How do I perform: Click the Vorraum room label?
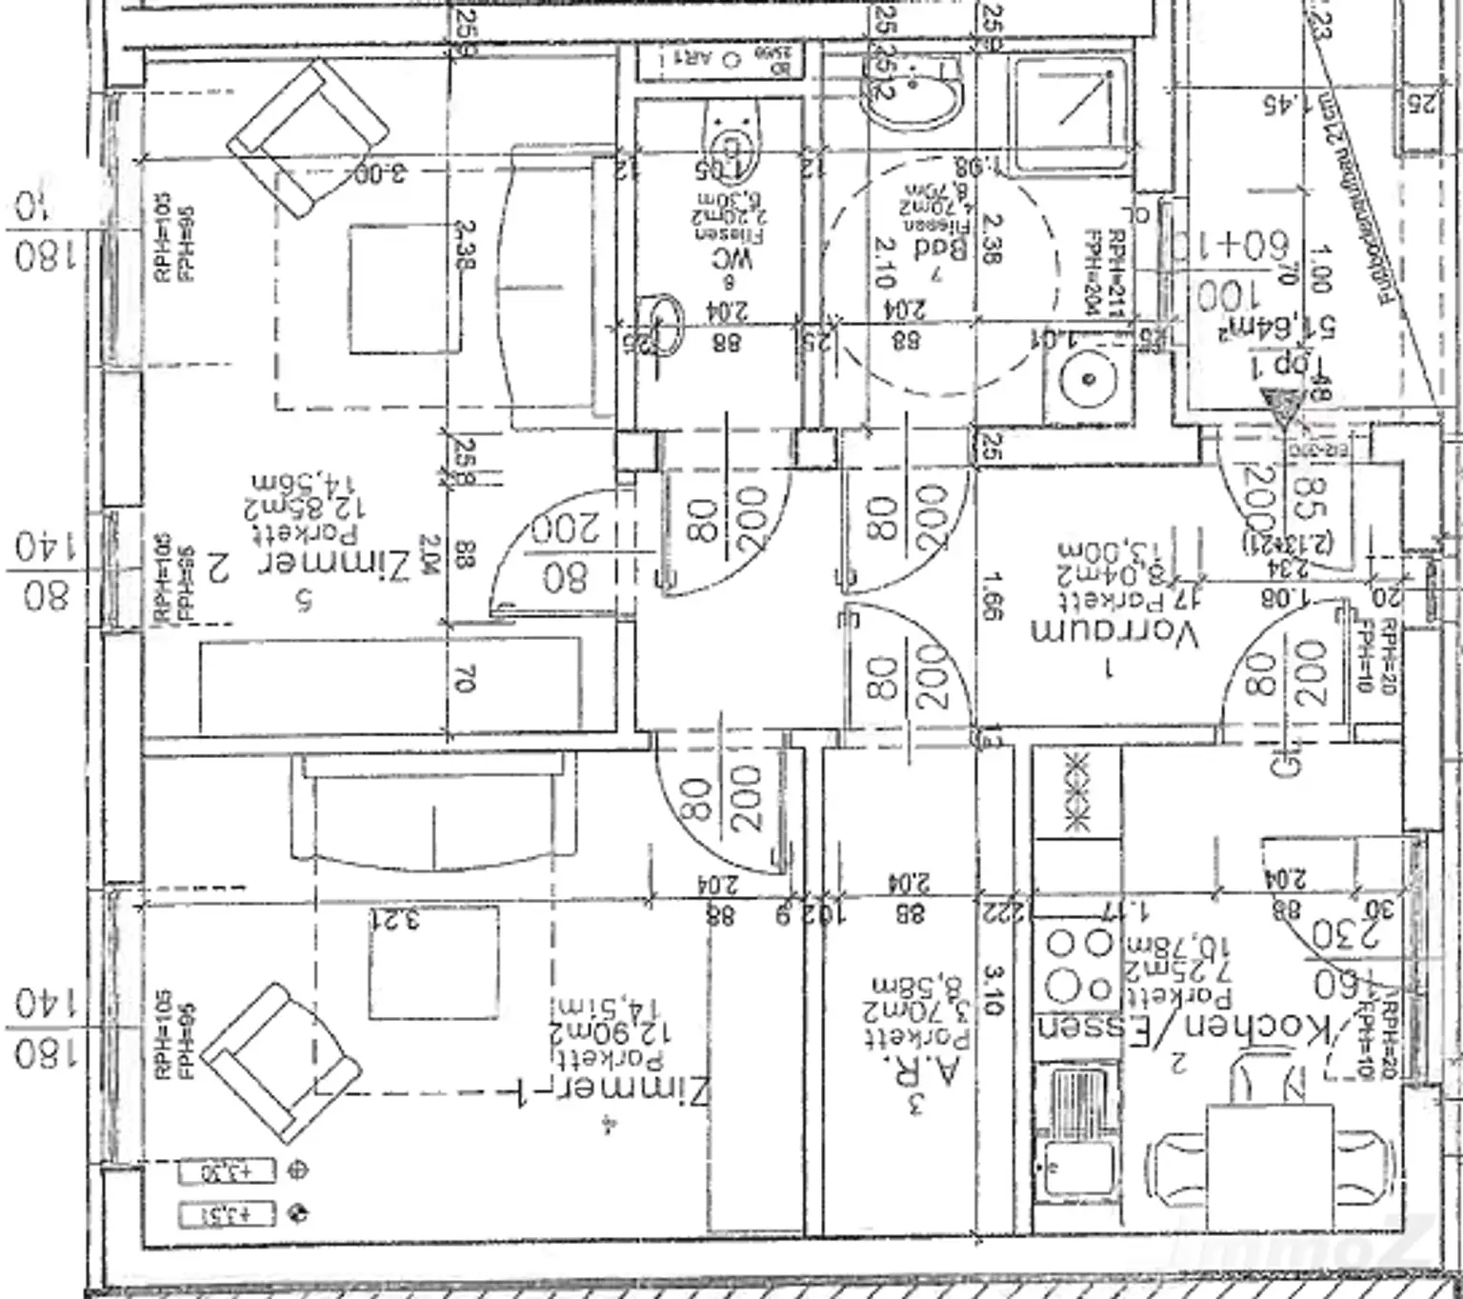pos(1113,634)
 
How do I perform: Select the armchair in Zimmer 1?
pos(280,1063)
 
